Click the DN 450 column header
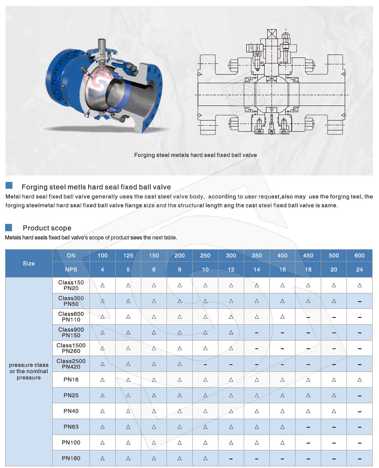point(308,256)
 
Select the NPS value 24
point(359,269)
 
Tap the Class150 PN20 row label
point(71,285)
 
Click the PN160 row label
point(71,458)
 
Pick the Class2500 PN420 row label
point(71,364)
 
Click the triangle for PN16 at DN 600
point(359,380)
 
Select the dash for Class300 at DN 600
point(359,301)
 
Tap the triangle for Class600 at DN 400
point(282,317)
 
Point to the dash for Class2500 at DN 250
point(205,364)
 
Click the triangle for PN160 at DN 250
point(205,458)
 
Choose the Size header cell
point(29,263)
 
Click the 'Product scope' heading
point(47,228)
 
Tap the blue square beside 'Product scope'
point(9,227)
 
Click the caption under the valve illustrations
point(195,154)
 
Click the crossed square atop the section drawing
point(272,34)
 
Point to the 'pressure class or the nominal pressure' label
point(29,371)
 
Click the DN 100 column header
point(102,256)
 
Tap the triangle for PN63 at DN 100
point(102,427)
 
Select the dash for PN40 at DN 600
point(359,411)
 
